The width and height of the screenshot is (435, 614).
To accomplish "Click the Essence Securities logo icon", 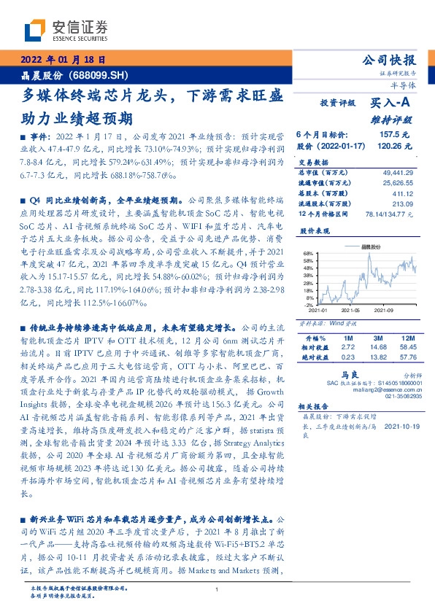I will [x=36, y=28].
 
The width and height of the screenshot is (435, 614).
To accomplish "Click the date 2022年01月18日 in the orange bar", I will [x=66, y=60].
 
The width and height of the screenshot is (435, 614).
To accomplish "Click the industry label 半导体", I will [x=404, y=88].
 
